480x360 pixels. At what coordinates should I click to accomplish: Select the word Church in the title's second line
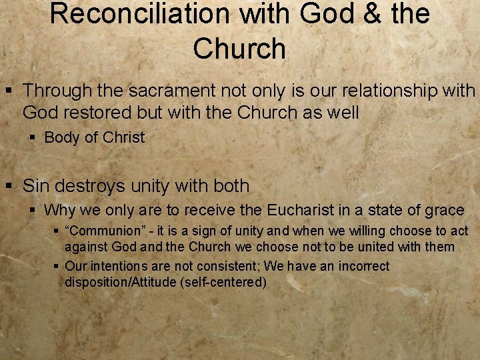(x=239, y=48)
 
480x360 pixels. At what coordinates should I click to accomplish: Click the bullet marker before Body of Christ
(x=33, y=138)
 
